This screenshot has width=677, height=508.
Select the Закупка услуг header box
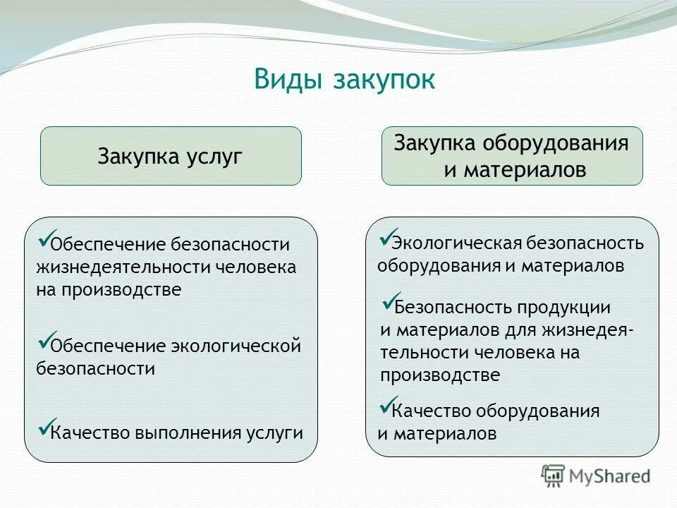click(171, 156)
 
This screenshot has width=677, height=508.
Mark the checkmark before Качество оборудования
click(386, 405)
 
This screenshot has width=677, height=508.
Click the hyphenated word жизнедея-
click(587, 330)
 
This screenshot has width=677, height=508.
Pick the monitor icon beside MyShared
click(554, 476)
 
